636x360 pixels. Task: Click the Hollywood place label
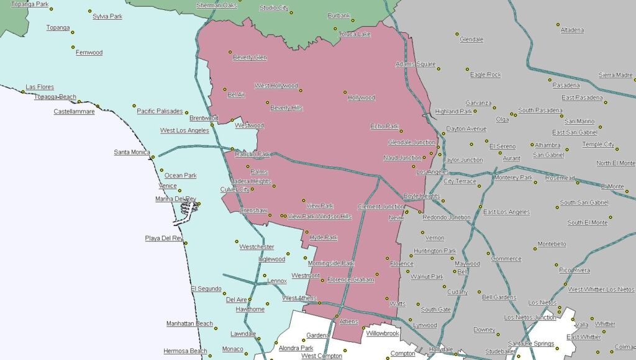pyautogui.click(x=361, y=97)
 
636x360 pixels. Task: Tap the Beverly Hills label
pyautogui.click(x=286, y=107)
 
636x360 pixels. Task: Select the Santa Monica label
pyautogui.click(x=132, y=152)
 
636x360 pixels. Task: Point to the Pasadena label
pyautogui.click(x=566, y=85)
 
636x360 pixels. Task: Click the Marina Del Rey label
pyautogui.click(x=175, y=199)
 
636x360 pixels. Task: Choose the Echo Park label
pyautogui.click(x=384, y=126)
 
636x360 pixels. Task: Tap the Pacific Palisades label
pyautogui.click(x=160, y=111)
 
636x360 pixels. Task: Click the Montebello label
pyautogui.click(x=552, y=244)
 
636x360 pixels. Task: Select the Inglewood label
pyautogui.click(x=271, y=259)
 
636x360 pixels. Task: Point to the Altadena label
pyautogui.click(x=572, y=30)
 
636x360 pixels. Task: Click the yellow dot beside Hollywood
pyautogui.click(x=345, y=92)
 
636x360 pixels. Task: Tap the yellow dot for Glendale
pyautogui.click(x=457, y=34)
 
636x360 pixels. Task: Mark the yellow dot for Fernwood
pyautogui.click(x=73, y=47)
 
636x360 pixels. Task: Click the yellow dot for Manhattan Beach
pyautogui.click(x=217, y=326)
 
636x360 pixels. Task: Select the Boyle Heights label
pyautogui.click(x=422, y=196)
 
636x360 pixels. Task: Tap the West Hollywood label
pyautogui.click(x=276, y=86)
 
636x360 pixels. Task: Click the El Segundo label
pyautogui.click(x=206, y=289)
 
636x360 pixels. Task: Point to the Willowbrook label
pyautogui.click(x=382, y=333)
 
